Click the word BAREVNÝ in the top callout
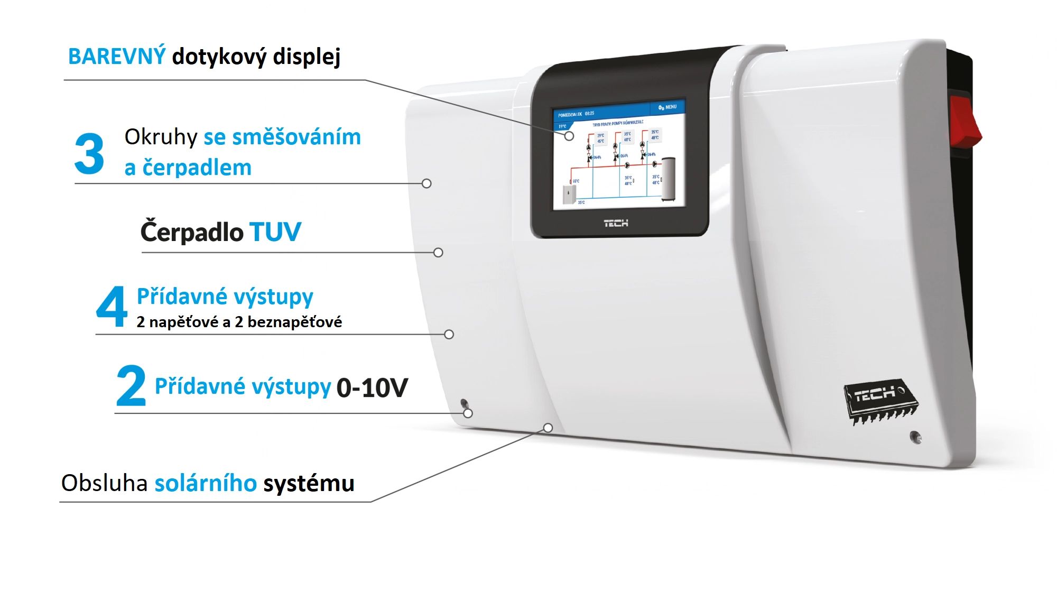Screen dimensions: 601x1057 pos(117,56)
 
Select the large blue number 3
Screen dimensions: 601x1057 pos(89,154)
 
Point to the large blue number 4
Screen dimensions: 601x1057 pos(112,307)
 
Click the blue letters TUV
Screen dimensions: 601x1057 pos(275,232)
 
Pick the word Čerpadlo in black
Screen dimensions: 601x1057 pos(192,232)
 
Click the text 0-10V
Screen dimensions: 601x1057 pos(372,387)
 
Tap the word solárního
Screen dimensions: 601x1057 pos(206,483)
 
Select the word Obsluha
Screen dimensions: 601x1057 pos(104,483)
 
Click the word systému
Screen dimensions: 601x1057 pos(309,484)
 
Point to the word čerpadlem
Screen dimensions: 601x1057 pos(197,168)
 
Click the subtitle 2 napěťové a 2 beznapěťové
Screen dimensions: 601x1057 pos(239,322)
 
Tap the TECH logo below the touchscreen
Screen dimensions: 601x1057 pos(616,224)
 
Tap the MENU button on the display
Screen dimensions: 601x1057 pos(667,107)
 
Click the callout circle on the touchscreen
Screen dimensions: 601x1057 pos(569,136)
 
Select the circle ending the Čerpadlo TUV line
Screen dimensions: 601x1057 pos(438,253)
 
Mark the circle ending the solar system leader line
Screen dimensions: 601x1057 pos(548,428)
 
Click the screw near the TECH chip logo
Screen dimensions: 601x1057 pos(915,437)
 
